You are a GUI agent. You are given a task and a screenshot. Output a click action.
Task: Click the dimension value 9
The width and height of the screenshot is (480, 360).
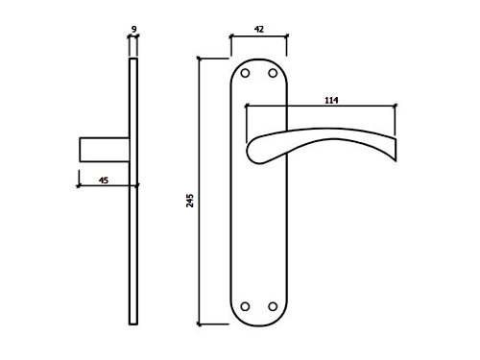133,29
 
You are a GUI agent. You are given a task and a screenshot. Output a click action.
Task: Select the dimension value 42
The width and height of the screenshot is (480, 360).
259,30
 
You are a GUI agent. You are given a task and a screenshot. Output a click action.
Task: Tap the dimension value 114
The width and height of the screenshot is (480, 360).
331,101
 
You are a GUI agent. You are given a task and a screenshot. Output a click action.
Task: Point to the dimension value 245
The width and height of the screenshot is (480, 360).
190,201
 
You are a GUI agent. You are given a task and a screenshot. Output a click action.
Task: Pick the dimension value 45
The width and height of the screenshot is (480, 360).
104,180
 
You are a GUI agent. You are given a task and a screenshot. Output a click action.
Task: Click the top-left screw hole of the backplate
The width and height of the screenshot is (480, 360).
245,73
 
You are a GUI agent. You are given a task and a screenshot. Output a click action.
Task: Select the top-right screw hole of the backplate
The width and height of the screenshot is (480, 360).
273,73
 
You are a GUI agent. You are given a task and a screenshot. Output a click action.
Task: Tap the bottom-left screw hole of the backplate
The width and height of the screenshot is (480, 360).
245,306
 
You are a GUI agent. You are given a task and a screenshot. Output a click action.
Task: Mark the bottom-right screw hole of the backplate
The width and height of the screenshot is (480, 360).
273,306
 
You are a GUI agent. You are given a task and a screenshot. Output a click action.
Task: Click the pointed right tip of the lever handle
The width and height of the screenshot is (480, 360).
396,160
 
